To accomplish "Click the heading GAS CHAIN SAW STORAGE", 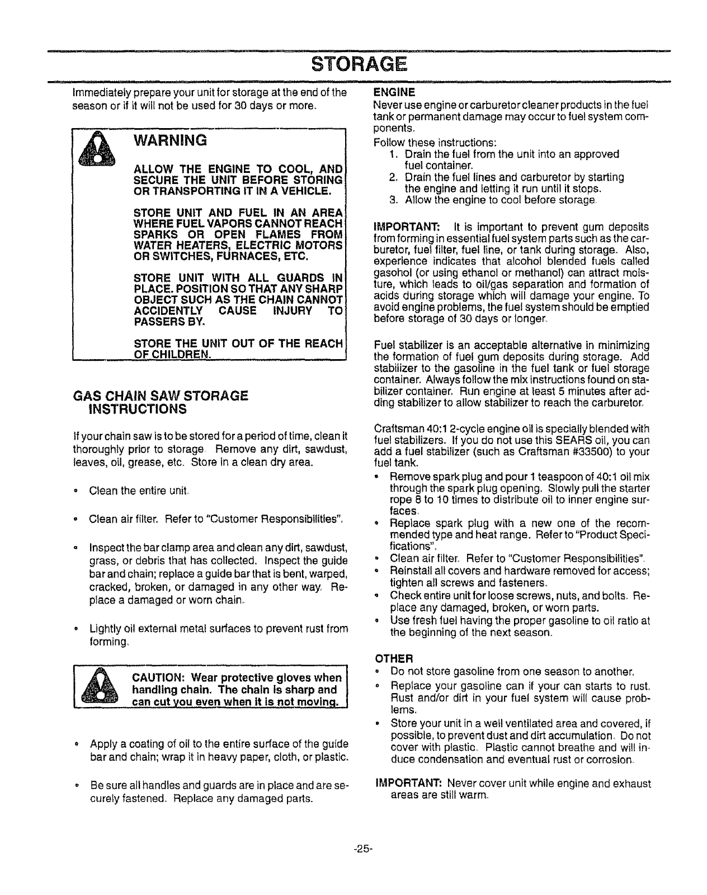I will click(x=161, y=395).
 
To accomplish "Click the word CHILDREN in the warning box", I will click(x=178, y=355).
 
